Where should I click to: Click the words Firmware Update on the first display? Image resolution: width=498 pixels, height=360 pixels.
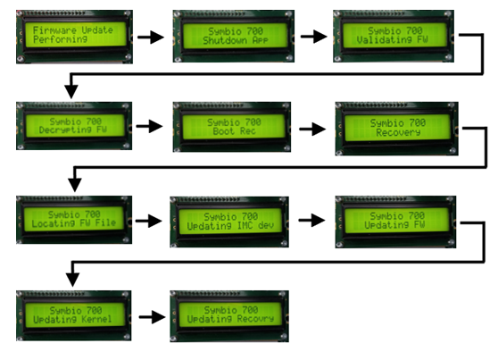pyautogui.click(x=72, y=30)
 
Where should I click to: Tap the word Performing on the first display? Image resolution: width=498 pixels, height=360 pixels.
pyautogui.click(x=60, y=39)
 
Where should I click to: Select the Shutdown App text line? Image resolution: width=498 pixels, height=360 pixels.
pyautogui.click(x=236, y=41)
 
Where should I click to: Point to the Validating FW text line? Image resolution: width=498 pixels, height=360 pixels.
pyautogui.click(x=392, y=40)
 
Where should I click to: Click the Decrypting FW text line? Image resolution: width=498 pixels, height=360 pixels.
pyautogui.click(x=72, y=130)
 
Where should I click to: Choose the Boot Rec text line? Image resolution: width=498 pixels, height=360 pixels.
pyautogui.click(x=234, y=131)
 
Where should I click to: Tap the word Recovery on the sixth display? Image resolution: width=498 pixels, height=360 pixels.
pyautogui.click(x=398, y=132)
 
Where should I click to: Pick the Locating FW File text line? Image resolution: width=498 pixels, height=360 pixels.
pyautogui.click(x=74, y=223)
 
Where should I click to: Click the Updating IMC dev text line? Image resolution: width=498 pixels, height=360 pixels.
pyautogui.click(x=230, y=226)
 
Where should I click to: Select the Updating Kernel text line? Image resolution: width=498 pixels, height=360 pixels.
pyautogui.click(x=72, y=319)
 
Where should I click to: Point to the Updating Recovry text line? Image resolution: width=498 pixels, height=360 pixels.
pyautogui.click(x=230, y=319)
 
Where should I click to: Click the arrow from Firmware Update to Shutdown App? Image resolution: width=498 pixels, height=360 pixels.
pyautogui.click(x=151, y=38)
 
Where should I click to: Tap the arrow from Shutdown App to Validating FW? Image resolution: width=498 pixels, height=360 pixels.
pyautogui.click(x=314, y=37)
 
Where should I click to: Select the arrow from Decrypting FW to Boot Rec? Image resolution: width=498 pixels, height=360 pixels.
pyautogui.click(x=149, y=126)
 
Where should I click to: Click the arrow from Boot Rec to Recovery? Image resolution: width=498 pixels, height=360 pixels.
pyautogui.click(x=312, y=130)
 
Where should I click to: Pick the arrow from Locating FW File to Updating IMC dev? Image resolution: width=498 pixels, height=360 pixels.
pyautogui.click(x=149, y=221)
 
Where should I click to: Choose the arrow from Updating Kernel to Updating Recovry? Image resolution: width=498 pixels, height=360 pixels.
pyautogui.click(x=152, y=317)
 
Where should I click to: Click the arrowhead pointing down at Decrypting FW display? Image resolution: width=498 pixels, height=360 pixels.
pyautogui.click(x=71, y=92)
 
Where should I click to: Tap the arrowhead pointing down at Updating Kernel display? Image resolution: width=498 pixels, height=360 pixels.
pyautogui.click(x=72, y=280)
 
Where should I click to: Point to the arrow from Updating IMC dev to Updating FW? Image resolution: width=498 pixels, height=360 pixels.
pyautogui.click(x=311, y=220)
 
